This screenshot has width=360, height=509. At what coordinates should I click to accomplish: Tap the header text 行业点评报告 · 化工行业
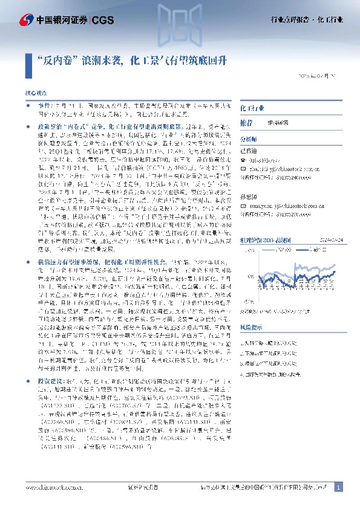(x=307, y=21)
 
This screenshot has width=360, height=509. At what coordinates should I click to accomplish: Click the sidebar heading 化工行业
(x=252, y=108)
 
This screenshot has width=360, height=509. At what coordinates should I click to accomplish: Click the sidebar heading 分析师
(x=249, y=138)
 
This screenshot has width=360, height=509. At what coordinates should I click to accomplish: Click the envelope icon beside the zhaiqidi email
(x=243, y=169)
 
